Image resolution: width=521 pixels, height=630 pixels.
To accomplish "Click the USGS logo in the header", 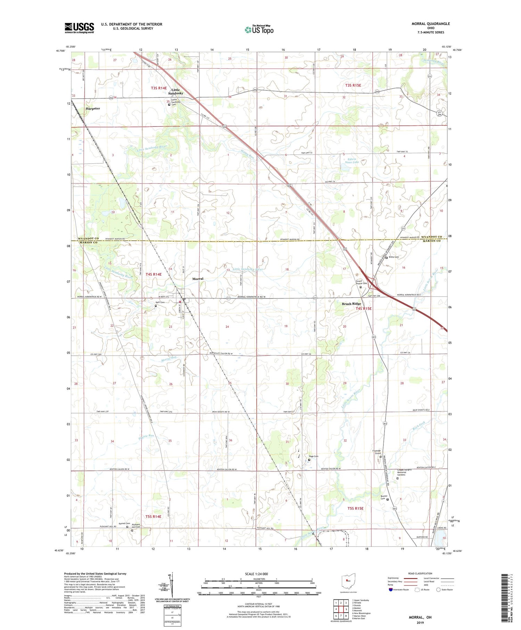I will point(79,28).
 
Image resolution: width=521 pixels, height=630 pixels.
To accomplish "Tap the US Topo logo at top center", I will point(259,30).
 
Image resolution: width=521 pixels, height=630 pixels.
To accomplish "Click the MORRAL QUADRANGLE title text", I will point(430,24).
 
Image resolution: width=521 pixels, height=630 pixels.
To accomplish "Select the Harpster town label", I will point(93,108).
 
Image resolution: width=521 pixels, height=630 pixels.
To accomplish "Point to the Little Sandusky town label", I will point(175,92).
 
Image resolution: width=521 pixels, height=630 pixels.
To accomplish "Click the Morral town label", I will point(198,279).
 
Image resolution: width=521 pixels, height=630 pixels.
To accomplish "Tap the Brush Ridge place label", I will point(351,304).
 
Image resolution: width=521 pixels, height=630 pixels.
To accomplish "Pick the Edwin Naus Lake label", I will point(353,161).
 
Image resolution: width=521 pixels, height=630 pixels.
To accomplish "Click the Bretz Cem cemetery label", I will point(394,257).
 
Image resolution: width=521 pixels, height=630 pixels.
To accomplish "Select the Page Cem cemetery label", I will point(314,456).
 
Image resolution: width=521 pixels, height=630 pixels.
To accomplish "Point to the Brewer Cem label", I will point(383,497).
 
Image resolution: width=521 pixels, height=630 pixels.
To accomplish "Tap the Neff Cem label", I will point(160,302).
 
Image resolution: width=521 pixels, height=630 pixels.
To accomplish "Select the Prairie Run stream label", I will point(146,435).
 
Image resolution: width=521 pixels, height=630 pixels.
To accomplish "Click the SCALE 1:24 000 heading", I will point(258,574).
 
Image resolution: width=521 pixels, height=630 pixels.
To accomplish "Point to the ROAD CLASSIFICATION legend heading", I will point(420,573).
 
